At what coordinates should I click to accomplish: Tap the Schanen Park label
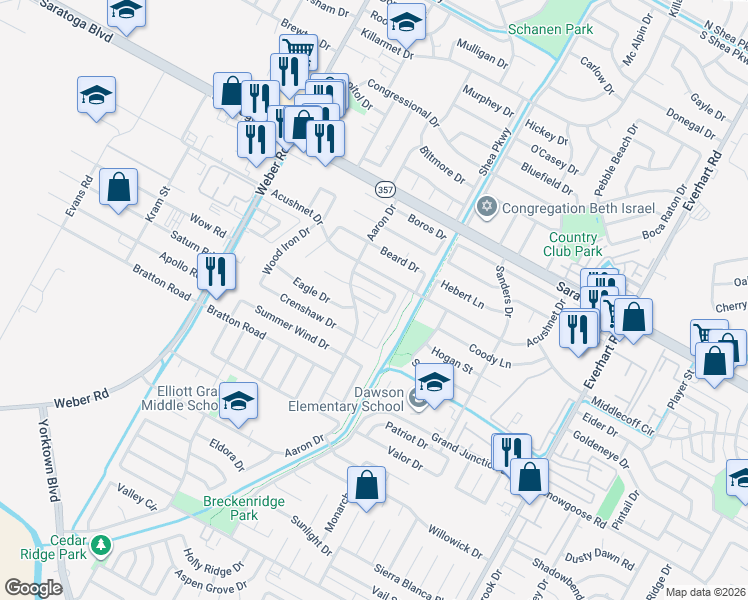coord(550,29)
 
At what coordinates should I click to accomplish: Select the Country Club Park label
coord(575,244)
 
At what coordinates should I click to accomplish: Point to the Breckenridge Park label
coord(217,508)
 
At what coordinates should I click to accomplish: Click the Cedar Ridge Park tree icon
coord(100,545)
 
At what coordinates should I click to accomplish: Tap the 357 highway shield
coord(385,190)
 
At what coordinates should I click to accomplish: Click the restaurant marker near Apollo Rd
coord(216,271)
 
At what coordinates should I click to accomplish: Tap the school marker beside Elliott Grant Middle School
coord(238,402)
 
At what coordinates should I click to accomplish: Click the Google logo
coord(33,588)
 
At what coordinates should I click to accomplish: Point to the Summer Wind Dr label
coord(291,329)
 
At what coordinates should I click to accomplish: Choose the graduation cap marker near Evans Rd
coord(96,96)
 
